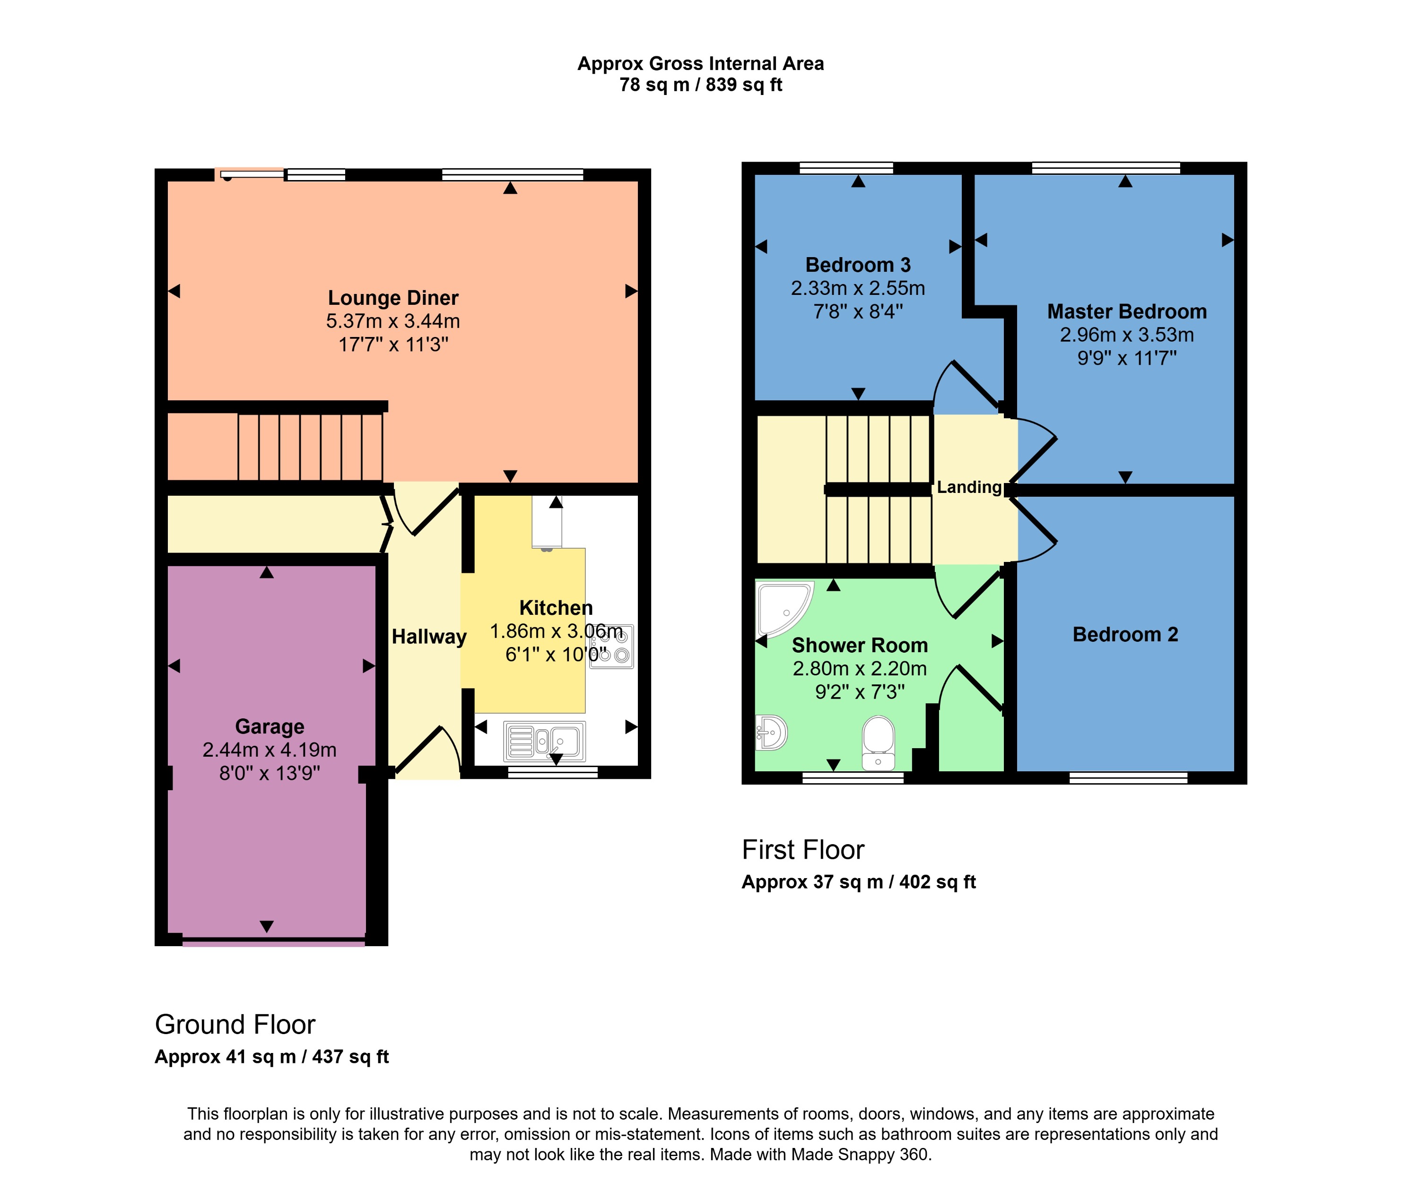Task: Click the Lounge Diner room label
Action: [393, 298]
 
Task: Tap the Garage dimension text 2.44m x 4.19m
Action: [270, 750]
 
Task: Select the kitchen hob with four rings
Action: [612, 646]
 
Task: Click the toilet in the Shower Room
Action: [878, 742]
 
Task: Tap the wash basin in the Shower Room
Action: [771, 733]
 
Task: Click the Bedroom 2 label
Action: [1125, 635]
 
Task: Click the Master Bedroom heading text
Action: [1126, 311]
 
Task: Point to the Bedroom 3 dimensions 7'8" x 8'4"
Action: [858, 311]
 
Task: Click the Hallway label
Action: [429, 637]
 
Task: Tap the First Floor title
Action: [802, 850]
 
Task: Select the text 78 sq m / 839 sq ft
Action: [700, 85]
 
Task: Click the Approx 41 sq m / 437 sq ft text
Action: [271, 1057]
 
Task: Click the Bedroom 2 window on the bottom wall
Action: [1128, 778]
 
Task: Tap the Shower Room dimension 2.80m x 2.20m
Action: [859, 668]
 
